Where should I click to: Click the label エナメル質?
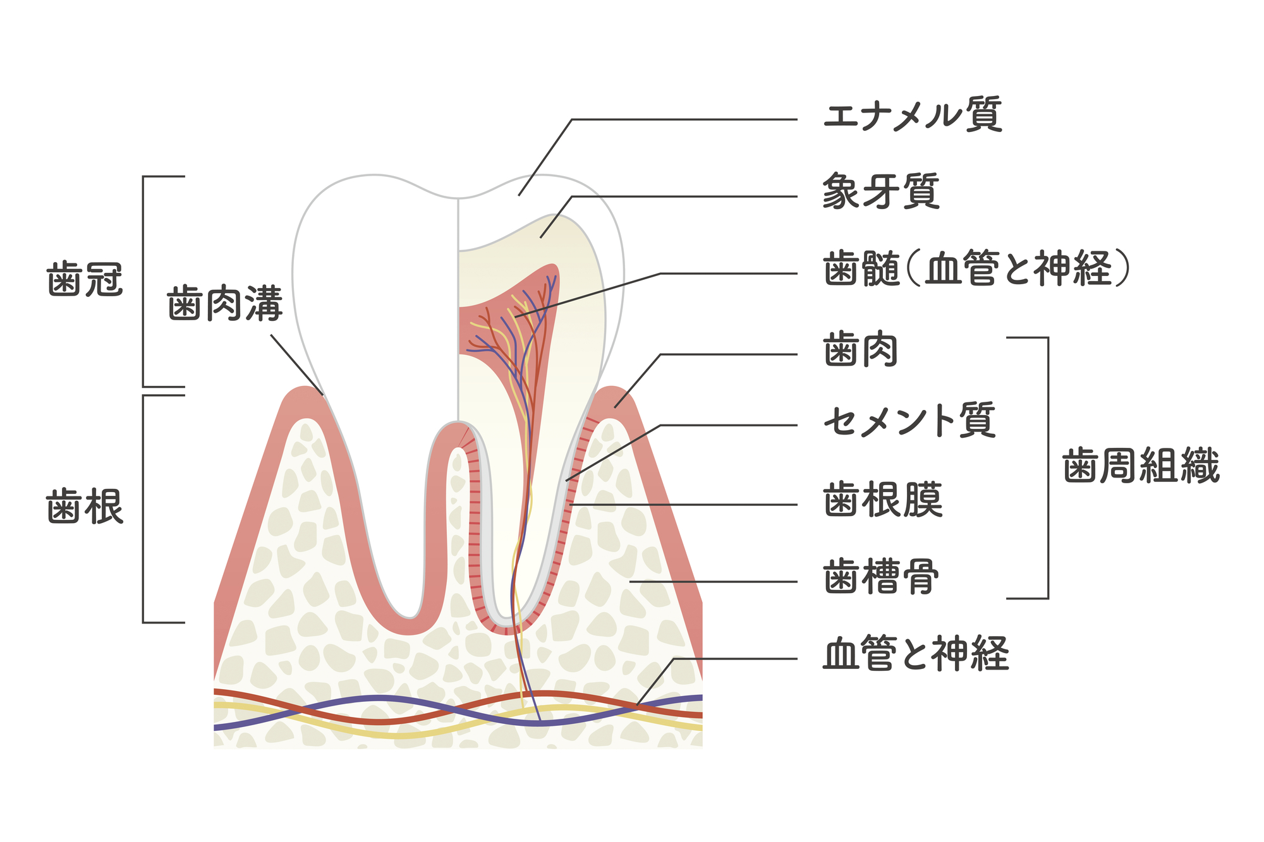(912, 115)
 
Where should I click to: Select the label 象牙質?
(881, 191)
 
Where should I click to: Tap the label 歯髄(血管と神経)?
(976, 268)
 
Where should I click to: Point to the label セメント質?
(909, 421)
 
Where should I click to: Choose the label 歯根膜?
(882, 500)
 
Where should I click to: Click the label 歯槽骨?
(880, 576)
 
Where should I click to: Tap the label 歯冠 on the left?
(85, 279)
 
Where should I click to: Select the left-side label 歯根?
(85, 507)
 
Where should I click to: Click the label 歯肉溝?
(224, 304)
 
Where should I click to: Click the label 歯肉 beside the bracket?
(860, 350)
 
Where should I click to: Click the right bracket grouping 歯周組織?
(1047, 467)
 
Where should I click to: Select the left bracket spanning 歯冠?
(144, 281)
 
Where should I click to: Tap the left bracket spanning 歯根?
(144, 508)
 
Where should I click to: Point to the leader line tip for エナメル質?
(519, 195)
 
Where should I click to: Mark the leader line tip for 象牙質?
(540, 238)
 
